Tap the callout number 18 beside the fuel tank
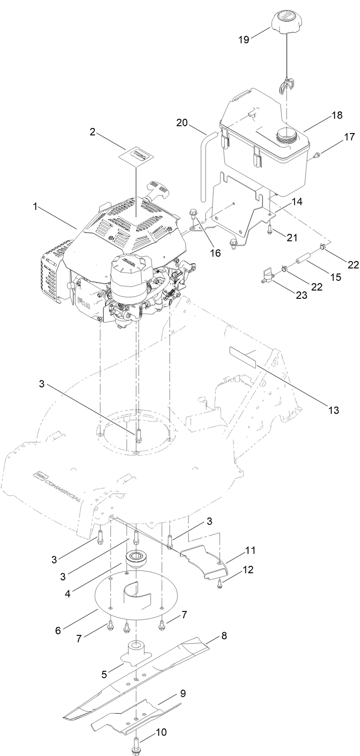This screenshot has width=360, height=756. tap(337, 116)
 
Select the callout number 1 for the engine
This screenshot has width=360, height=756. tap(35, 207)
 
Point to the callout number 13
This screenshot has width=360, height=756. tap(333, 409)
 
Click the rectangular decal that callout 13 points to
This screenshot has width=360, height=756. tap(242, 357)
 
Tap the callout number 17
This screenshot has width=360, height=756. tap(349, 137)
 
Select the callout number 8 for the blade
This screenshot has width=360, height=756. tap(224, 636)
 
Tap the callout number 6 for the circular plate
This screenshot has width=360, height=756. tap(58, 630)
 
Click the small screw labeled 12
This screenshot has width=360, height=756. tap(220, 584)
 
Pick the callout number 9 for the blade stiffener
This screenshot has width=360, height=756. tap(183, 693)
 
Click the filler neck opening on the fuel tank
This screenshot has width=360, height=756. tap(287, 136)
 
